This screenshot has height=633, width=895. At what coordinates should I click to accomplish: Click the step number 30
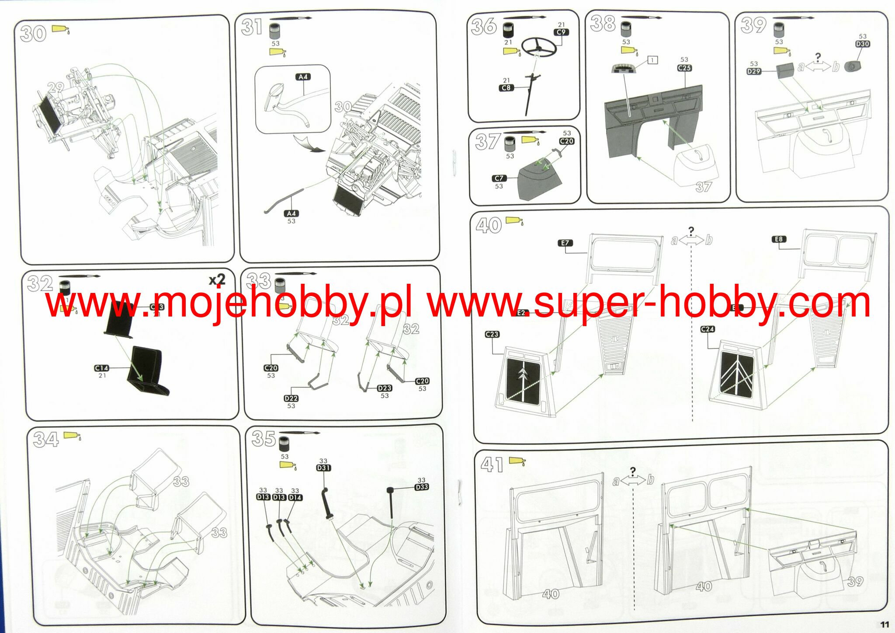point(33,34)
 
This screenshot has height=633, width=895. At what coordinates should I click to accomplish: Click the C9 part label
point(561,32)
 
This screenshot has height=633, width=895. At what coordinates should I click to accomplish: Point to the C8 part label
point(506,88)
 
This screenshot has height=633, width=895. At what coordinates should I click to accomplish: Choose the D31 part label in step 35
point(323,468)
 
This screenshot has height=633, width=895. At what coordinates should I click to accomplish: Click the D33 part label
point(421,487)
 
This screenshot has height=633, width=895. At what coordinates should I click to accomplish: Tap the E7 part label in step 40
point(565,243)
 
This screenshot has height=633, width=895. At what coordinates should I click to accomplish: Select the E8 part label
point(779,239)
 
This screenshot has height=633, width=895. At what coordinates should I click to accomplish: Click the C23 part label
point(492,334)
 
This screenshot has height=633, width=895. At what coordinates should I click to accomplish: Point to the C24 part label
point(708,329)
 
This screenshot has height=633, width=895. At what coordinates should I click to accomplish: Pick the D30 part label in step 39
point(862,44)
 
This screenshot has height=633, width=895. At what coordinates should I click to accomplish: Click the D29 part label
point(754,71)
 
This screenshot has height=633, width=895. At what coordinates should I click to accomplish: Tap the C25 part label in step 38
point(684,68)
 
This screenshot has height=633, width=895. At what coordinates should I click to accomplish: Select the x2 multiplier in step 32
point(217,279)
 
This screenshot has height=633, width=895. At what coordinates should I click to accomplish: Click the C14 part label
point(101,368)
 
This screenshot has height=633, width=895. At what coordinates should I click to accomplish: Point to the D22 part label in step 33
point(291,399)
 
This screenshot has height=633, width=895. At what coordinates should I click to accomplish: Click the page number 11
point(885,625)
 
